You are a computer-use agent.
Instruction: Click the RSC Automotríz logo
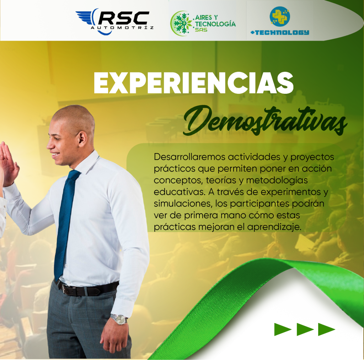click(114, 22)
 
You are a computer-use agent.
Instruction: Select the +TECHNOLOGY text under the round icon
click(280, 32)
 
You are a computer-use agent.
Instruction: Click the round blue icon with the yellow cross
click(280, 16)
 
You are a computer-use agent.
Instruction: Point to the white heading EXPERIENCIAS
click(194, 83)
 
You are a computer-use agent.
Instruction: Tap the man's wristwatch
click(119, 319)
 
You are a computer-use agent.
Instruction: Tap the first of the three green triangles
click(283, 329)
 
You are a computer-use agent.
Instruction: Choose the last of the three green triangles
click(326, 329)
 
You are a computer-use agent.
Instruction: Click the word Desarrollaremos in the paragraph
click(189, 157)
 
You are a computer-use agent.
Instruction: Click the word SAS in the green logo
click(201, 30)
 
